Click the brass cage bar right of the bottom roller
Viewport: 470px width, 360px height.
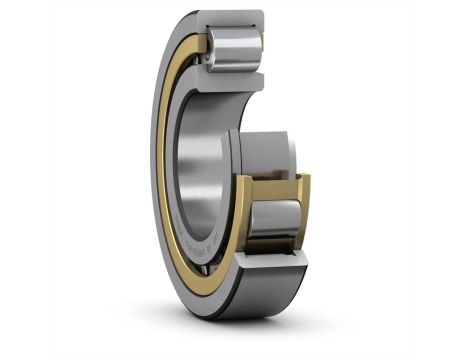pos(302,215)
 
